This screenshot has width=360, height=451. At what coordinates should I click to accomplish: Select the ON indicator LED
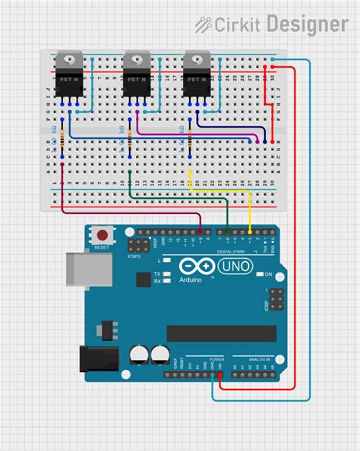coord(258,273)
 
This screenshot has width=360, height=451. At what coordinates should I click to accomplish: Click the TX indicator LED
coord(166,273)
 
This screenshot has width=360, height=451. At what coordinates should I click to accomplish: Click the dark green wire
coord(178,199)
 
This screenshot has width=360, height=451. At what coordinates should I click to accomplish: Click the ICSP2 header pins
coord(138,245)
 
